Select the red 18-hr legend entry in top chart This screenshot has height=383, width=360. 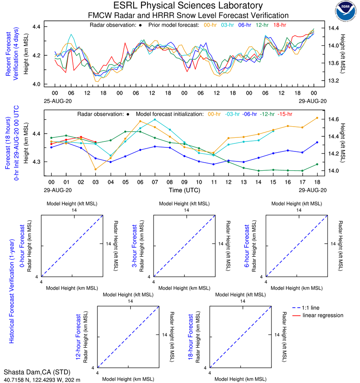279,25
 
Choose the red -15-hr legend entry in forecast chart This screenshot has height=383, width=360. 285,114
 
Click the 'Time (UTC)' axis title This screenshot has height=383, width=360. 184,190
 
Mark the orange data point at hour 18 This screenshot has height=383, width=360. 317,118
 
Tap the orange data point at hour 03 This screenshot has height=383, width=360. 95,169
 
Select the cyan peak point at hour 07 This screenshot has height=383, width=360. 155,119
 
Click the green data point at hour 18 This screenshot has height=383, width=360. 317,164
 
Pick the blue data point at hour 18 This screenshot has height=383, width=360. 317,142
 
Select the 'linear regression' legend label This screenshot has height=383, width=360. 323,315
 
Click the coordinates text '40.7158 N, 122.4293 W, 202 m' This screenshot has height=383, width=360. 42,379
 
